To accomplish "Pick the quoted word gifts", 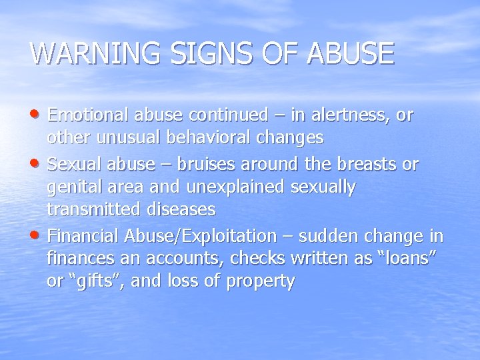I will [85, 282].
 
